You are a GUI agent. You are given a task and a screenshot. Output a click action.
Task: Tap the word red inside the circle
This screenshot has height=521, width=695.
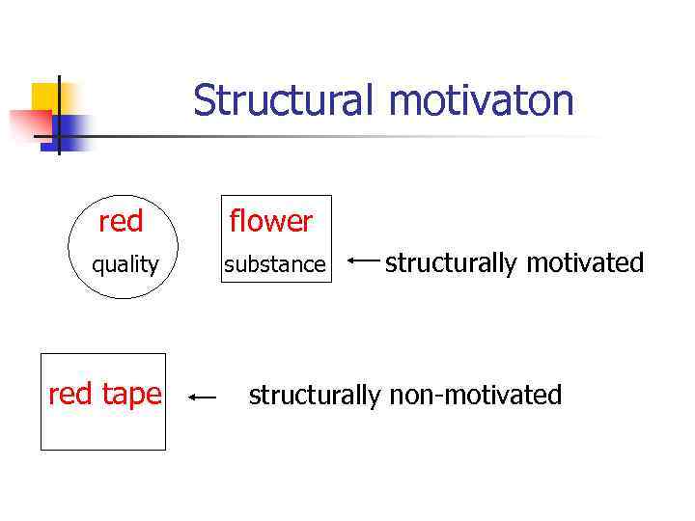pyautogui.click(x=121, y=222)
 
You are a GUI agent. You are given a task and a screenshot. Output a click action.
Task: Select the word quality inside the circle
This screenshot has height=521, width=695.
pyautogui.click(x=125, y=264)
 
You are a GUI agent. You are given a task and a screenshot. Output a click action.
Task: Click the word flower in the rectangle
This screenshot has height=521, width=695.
pyautogui.click(x=270, y=222)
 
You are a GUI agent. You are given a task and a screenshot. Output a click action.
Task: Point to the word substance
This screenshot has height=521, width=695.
pyautogui.click(x=275, y=264)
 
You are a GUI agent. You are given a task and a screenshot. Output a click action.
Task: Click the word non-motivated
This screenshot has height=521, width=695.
pyautogui.click(x=475, y=395)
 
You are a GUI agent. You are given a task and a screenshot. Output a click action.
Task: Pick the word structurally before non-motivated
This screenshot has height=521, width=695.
pyautogui.click(x=316, y=395)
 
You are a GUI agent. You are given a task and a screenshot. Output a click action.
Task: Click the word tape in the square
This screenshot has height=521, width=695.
pyautogui.click(x=130, y=394)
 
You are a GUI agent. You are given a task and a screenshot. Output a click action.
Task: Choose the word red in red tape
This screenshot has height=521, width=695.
pyautogui.click(x=69, y=394)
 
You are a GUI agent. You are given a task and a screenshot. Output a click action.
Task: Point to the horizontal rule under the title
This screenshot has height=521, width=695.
pyautogui.click(x=338, y=136)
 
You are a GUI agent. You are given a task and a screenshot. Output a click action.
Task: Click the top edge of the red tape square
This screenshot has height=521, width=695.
pyautogui.click(x=102, y=354)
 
